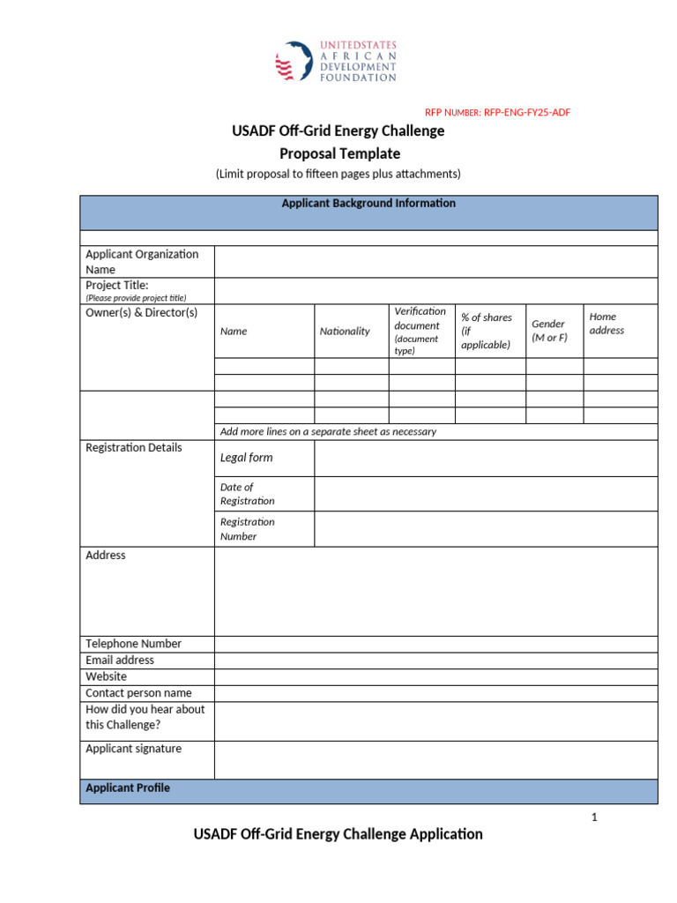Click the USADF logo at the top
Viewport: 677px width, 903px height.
337,61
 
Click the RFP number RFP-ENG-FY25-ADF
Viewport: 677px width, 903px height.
503,112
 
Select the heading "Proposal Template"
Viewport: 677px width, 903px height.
339,153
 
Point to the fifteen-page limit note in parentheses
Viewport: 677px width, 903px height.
338,174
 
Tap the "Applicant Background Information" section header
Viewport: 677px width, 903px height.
368,204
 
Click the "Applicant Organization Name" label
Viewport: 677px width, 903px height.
142,261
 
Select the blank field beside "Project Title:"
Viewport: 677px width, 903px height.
435,291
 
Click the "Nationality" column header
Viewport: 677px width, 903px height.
345,331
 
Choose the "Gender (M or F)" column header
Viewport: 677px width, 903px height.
549,331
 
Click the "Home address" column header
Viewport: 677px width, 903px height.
606,323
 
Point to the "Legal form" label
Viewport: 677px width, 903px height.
246,458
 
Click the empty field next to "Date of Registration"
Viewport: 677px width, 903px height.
485,494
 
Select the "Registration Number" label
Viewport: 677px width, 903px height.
247,529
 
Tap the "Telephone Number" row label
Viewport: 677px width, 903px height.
133,644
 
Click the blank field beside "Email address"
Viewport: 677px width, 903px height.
435,660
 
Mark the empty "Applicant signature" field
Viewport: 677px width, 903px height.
435,760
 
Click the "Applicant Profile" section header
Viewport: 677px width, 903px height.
128,787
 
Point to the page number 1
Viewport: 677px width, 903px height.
594,817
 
